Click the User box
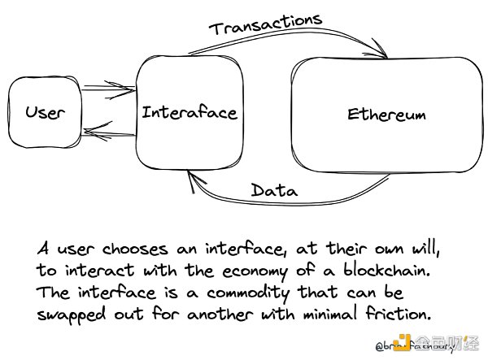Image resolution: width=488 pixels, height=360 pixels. pos(44,112)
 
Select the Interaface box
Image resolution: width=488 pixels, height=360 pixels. pos(189,112)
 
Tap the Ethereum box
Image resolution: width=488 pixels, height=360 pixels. pos(386,115)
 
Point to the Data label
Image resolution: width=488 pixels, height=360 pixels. pos(273,191)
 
